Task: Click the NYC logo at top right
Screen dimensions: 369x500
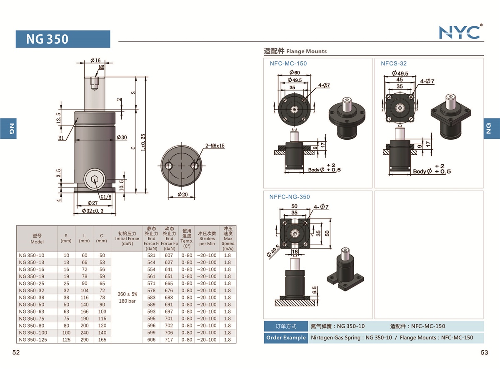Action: pos(460,32)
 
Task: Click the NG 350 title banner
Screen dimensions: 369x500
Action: pos(63,39)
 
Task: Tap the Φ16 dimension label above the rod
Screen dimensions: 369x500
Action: pos(95,61)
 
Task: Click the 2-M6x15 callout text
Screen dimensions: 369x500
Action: pos(215,146)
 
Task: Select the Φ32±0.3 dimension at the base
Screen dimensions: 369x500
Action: pos(95,211)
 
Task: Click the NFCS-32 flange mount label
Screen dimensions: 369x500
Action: pos(393,63)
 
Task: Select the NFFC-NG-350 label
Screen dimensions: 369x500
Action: pos(290,197)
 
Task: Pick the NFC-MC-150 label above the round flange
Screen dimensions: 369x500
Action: pos(288,63)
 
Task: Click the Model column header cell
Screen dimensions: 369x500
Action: pos(37,239)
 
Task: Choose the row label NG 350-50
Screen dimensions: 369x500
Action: pos(32,304)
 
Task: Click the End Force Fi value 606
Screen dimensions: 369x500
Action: pos(151,340)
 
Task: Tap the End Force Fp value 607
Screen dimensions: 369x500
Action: pos(169,255)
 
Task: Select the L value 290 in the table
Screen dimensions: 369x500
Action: pos(84,340)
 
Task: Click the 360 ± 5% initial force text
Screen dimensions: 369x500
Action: pos(127,294)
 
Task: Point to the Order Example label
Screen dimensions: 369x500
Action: pos(286,338)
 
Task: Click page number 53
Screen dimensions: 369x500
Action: pos(484,353)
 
